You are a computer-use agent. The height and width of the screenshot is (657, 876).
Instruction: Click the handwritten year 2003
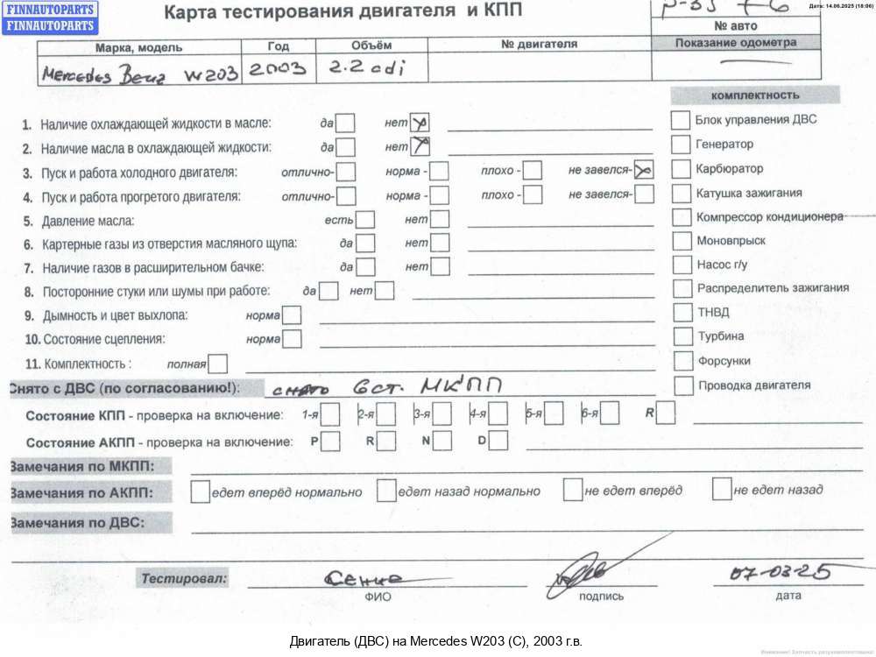coord(278,70)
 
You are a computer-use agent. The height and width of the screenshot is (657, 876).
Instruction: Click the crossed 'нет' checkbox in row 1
coord(419,124)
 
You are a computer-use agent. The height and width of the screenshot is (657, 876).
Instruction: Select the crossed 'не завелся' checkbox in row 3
coord(644,170)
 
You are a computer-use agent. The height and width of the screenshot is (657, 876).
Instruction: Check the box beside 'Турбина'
coord(681,336)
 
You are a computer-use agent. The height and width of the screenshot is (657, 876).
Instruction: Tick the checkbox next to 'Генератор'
coord(681,145)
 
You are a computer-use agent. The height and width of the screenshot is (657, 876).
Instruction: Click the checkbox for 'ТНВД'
coord(681,312)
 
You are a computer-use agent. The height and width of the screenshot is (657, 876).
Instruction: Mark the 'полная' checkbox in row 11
coord(217,363)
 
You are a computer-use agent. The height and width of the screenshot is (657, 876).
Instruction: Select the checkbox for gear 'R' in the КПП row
coord(666,413)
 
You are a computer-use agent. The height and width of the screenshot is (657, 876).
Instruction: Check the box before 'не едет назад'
coord(722,490)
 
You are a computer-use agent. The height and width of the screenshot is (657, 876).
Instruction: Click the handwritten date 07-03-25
coord(781,574)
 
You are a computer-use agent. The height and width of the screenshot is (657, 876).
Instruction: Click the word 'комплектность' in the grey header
coord(755,95)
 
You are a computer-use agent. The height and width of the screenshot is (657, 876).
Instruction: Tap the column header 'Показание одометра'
coord(749,42)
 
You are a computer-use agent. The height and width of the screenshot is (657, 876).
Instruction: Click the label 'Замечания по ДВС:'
coord(78,524)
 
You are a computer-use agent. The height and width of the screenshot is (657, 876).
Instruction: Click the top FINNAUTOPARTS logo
coord(49,10)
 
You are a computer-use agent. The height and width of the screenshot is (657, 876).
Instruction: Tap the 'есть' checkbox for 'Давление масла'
coord(364,219)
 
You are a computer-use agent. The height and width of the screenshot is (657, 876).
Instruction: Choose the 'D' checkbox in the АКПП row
coord(497,441)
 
